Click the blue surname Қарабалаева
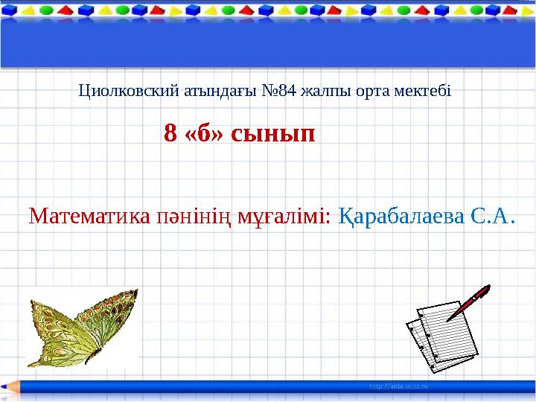(x=402, y=217)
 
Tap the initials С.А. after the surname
(x=494, y=217)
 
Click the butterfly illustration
(x=82, y=328)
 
